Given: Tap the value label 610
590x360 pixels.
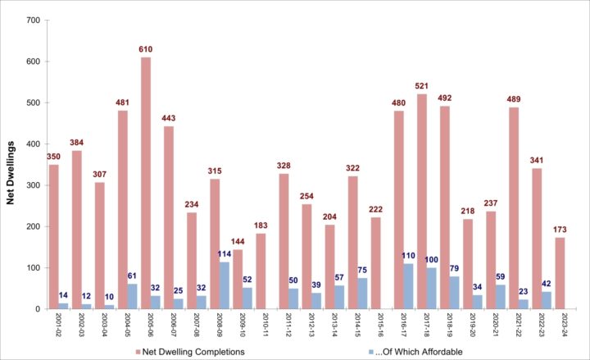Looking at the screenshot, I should click(146, 50).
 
